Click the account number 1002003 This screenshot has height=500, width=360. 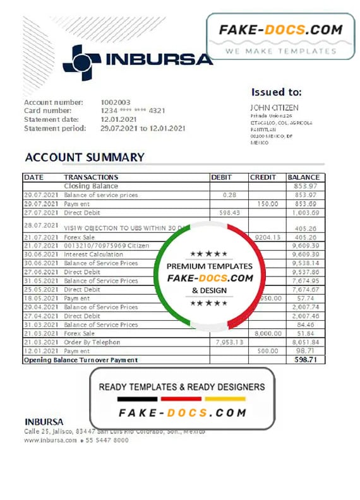coord(116,102)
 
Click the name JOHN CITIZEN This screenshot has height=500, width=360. coord(274,108)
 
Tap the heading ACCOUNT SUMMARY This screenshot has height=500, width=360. coord(85,157)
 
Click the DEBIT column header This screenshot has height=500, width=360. coord(222,177)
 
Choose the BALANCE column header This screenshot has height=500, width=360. coord(304,177)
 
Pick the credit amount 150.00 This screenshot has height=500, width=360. coord(268,204)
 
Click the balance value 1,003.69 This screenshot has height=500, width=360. coord(305,213)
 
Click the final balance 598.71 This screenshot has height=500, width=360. coord(306,359)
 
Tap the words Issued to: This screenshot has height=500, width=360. coord(277,92)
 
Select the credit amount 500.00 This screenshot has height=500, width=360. coord(268,350)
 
